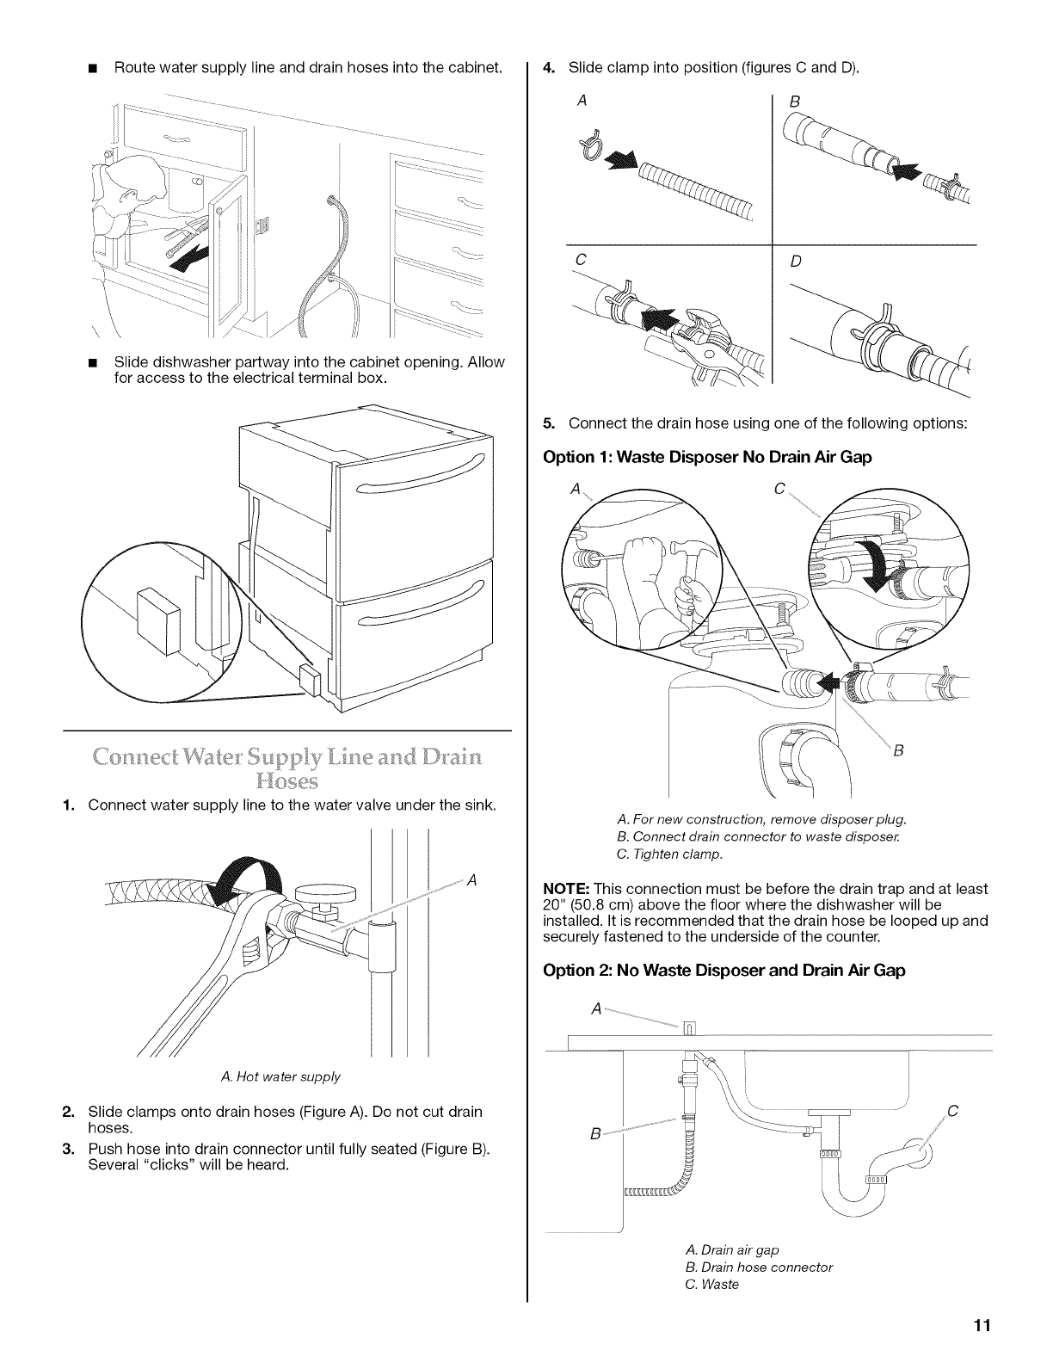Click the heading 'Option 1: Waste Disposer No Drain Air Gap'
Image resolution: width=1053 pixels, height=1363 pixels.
707,457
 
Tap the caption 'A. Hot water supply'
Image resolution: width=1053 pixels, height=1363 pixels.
281,1076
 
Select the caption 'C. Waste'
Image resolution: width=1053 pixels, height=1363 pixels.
712,1285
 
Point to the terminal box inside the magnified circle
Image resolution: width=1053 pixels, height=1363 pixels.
160,613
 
